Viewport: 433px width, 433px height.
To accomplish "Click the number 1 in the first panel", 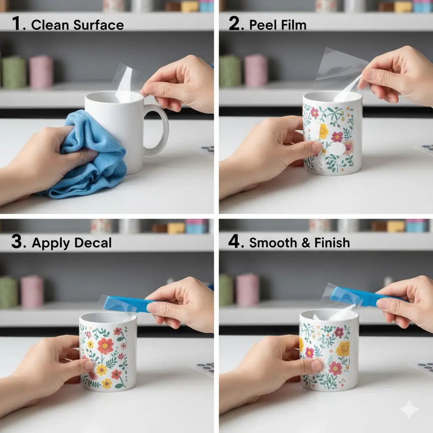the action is (x=16, y=23).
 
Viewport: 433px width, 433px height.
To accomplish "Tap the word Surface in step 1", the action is (x=99, y=25).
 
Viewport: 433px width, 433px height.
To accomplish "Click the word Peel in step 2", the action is (x=260, y=25).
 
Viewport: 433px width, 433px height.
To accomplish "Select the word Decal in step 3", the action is (x=93, y=243).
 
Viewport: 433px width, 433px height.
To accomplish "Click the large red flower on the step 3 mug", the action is (x=105, y=346).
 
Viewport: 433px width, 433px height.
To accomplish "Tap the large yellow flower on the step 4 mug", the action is (x=343, y=348).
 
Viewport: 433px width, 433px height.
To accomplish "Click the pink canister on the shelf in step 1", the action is (x=41, y=72).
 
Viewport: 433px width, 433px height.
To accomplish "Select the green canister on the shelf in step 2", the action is (x=230, y=71).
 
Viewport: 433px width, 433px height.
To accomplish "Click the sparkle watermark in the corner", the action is (x=409, y=409).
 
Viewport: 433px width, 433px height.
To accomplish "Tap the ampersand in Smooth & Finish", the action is (x=306, y=243).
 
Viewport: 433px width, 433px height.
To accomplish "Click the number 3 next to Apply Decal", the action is (x=17, y=241).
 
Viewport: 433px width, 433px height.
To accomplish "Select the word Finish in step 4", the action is (x=332, y=243).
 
